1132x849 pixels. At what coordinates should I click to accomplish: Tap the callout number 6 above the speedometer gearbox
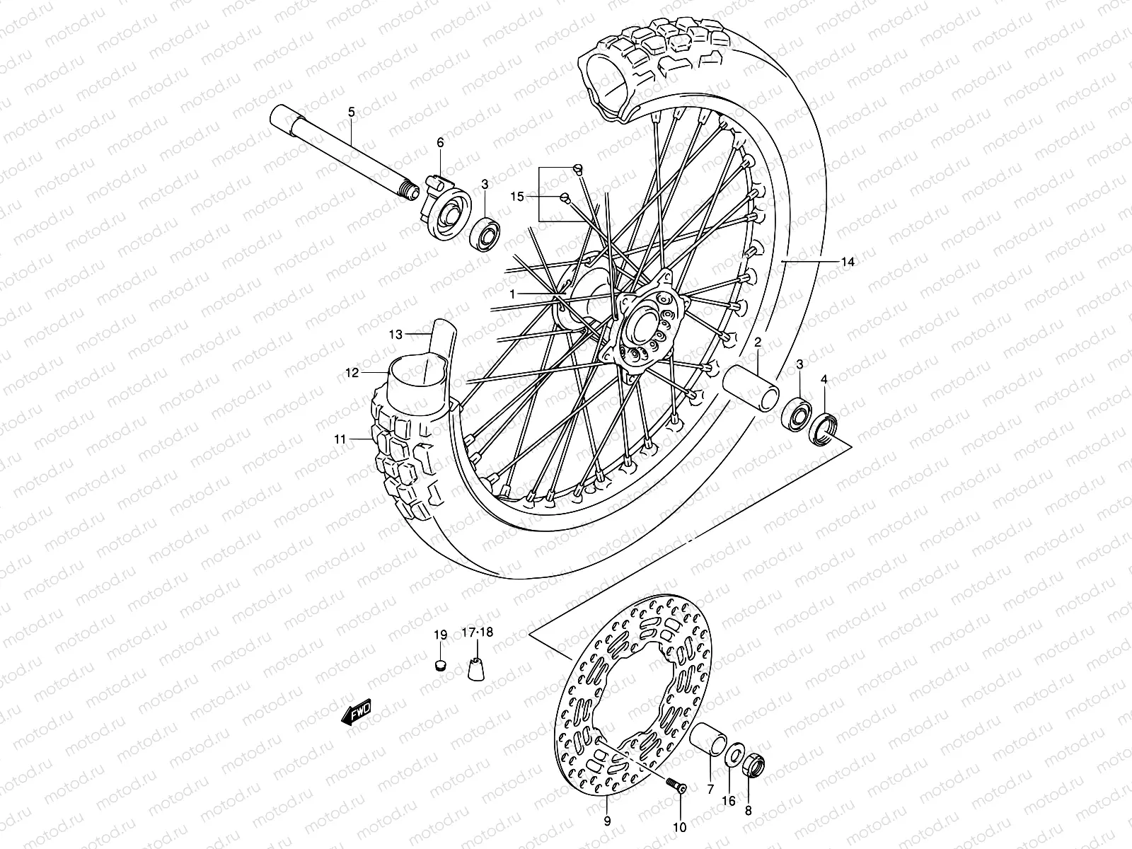coord(440,143)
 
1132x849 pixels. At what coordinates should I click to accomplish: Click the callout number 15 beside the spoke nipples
coord(518,196)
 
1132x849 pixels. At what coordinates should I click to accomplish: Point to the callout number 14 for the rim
coord(848,262)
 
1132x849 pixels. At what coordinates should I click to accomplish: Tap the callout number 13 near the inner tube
coord(395,333)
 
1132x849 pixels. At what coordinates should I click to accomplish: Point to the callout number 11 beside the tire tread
coord(341,439)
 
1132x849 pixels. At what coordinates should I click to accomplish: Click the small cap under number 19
coord(440,665)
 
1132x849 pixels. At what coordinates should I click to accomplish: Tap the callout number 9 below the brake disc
coord(607,821)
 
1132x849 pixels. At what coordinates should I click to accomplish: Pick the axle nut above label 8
coord(753,766)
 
